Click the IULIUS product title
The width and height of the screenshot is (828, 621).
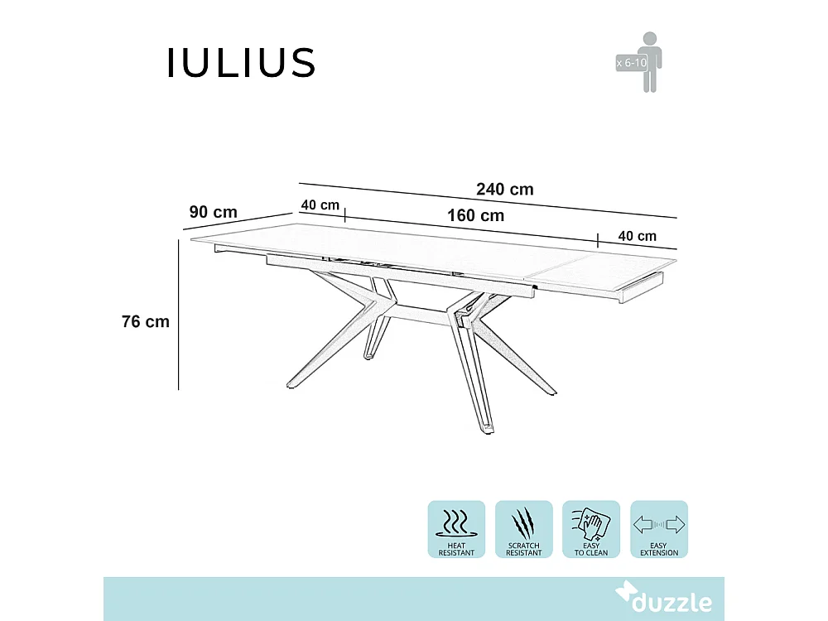pyautogui.click(x=241, y=63)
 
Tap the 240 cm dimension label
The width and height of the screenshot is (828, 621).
pyautogui.click(x=505, y=189)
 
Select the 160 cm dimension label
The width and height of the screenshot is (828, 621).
pyautogui.click(x=475, y=215)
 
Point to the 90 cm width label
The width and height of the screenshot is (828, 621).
pyautogui.click(x=213, y=212)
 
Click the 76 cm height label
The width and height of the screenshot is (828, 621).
pyautogui.click(x=146, y=321)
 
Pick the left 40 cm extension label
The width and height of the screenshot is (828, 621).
pyautogui.click(x=320, y=205)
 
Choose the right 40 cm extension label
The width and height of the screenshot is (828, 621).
pyautogui.click(x=637, y=236)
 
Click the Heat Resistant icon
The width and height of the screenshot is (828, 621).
pyautogui.click(x=456, y=528)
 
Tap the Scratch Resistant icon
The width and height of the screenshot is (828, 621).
pyautogui.click(x=523, y=528)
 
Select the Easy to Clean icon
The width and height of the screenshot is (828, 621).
pyautogui.click(x=590, y=528)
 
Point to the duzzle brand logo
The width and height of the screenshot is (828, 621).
pyautogui.click(x=662, y=600)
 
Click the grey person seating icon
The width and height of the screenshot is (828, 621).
pyautogui.click(x=650, y=61)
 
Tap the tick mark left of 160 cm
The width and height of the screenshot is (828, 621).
pyautogui.click(x=344, y=215)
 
